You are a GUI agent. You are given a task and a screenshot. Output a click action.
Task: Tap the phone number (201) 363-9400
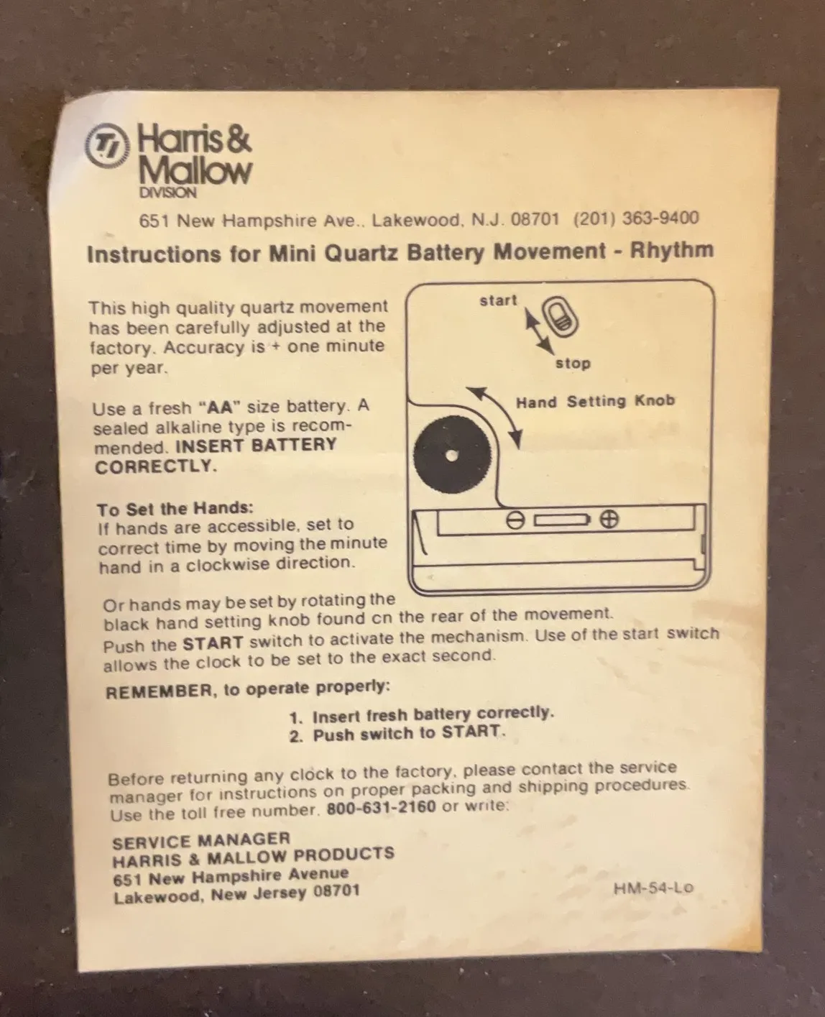pyautogui.click(x=636, y=218)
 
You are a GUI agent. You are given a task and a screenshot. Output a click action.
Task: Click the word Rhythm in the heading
pyautogui.click(x=672, y=249)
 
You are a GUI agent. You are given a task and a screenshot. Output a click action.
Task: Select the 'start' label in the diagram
pyautogui.click(x=499, y=300)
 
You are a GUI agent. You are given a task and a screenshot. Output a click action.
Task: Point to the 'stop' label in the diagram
pyautogui.click(x=573, y=364)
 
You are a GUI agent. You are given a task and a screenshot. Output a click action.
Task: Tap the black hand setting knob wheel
pyautogui.click(x=452, y=455)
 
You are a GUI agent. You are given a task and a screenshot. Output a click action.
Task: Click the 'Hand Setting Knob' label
pyautogui.click(x=595, y=401)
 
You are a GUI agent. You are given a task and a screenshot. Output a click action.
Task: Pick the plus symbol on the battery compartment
pyautogui.click(x=609, y=519)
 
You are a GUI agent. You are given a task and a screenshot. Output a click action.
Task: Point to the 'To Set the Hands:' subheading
pyautogui.click(x=175, y=509)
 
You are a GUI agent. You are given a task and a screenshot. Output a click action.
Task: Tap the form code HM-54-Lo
pyautogui.click(x=653, y=888)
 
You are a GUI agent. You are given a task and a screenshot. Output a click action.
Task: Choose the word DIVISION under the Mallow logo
pyautogui.click(x=167, y=193)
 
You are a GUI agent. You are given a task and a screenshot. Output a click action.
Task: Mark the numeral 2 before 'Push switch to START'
pyautogui.click(x=295, y=736)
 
